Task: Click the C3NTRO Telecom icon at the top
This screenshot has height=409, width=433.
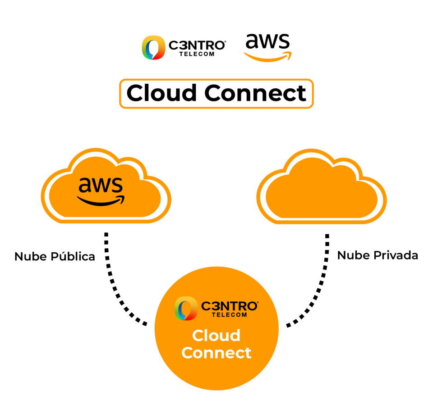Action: (153, 47)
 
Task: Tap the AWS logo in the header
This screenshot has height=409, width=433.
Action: (267, 47)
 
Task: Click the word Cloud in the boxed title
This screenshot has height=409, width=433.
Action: (162, 93)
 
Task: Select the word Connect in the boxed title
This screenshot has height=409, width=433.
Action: (255, 93)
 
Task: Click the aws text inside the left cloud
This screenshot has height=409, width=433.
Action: (101, 185)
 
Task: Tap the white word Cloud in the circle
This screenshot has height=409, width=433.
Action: (216, 336)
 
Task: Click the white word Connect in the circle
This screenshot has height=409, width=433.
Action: (216, 352)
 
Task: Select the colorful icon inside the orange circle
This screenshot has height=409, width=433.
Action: (186, 309)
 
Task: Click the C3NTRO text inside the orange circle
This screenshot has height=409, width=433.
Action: (229, 306)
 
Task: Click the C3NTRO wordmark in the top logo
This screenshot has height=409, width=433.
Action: (197, 45)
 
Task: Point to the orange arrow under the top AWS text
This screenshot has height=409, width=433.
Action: (268, 57)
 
